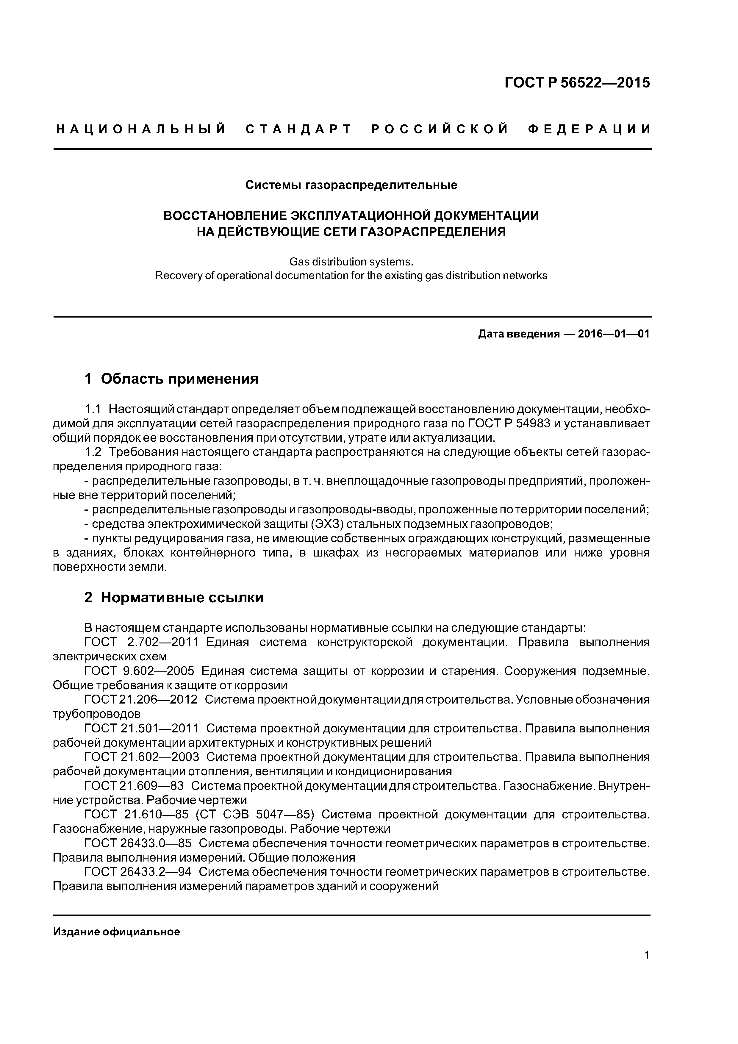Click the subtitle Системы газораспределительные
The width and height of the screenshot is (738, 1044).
click(351, 185)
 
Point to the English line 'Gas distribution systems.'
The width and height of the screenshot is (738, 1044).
click(351, 262)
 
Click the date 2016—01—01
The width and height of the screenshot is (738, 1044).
click(613, 334)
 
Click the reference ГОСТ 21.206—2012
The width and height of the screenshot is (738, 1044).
click(141, 700)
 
